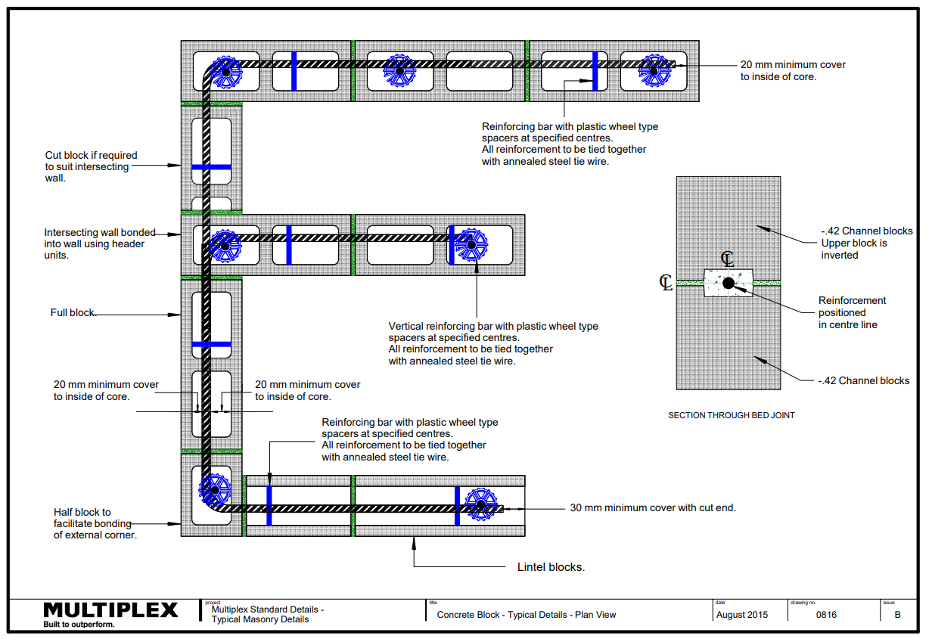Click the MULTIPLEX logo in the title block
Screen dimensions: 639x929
tap(110, 610)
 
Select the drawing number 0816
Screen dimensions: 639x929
tap(826, 615)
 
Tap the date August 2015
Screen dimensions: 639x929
tap(741, 615)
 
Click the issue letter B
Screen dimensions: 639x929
tap(896, 615)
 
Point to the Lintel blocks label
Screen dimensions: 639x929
tap(551, 566)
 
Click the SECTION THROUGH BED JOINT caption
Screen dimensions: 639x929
tap(731, 415)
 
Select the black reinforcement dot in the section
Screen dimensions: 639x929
tap(728, 283)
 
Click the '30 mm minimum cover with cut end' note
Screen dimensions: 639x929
tap(652, 507)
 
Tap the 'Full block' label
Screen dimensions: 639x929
tap(73, 312)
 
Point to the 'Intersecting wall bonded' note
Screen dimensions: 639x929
tap(99, 244)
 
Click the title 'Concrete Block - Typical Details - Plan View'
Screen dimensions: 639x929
tap(527, 615)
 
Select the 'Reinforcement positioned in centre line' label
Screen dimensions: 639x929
tap(852, 312)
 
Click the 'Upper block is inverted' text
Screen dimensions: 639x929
tap(854, 249)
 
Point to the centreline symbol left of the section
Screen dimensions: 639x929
tap(666, 283)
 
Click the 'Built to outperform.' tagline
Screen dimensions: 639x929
tap(79, 625)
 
